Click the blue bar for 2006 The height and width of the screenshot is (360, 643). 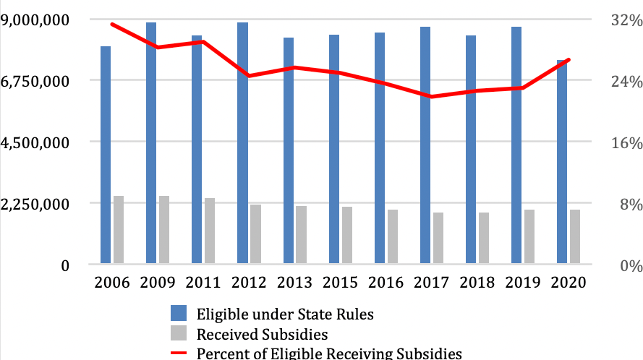click(106, 155)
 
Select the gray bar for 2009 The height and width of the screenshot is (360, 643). click(164, 229)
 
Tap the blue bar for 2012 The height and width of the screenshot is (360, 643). click(242, 142)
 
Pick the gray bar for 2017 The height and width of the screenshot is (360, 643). click(438, 238)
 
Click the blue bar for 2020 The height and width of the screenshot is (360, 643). click(561, 162)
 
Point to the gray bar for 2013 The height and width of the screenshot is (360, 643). click(301, 234)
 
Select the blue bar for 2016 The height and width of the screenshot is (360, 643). click(379, 147)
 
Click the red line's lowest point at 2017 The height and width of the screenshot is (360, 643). click(431, 96)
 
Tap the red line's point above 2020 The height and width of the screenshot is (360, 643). click(569, 59)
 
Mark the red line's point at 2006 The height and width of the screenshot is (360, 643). click(112, 24)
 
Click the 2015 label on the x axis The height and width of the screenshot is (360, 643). click(340, 283)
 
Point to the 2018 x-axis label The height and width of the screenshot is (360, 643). click(477, 283)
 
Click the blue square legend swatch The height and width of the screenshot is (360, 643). click(178, 314)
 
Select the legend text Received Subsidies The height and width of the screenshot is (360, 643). click(263, 334)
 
